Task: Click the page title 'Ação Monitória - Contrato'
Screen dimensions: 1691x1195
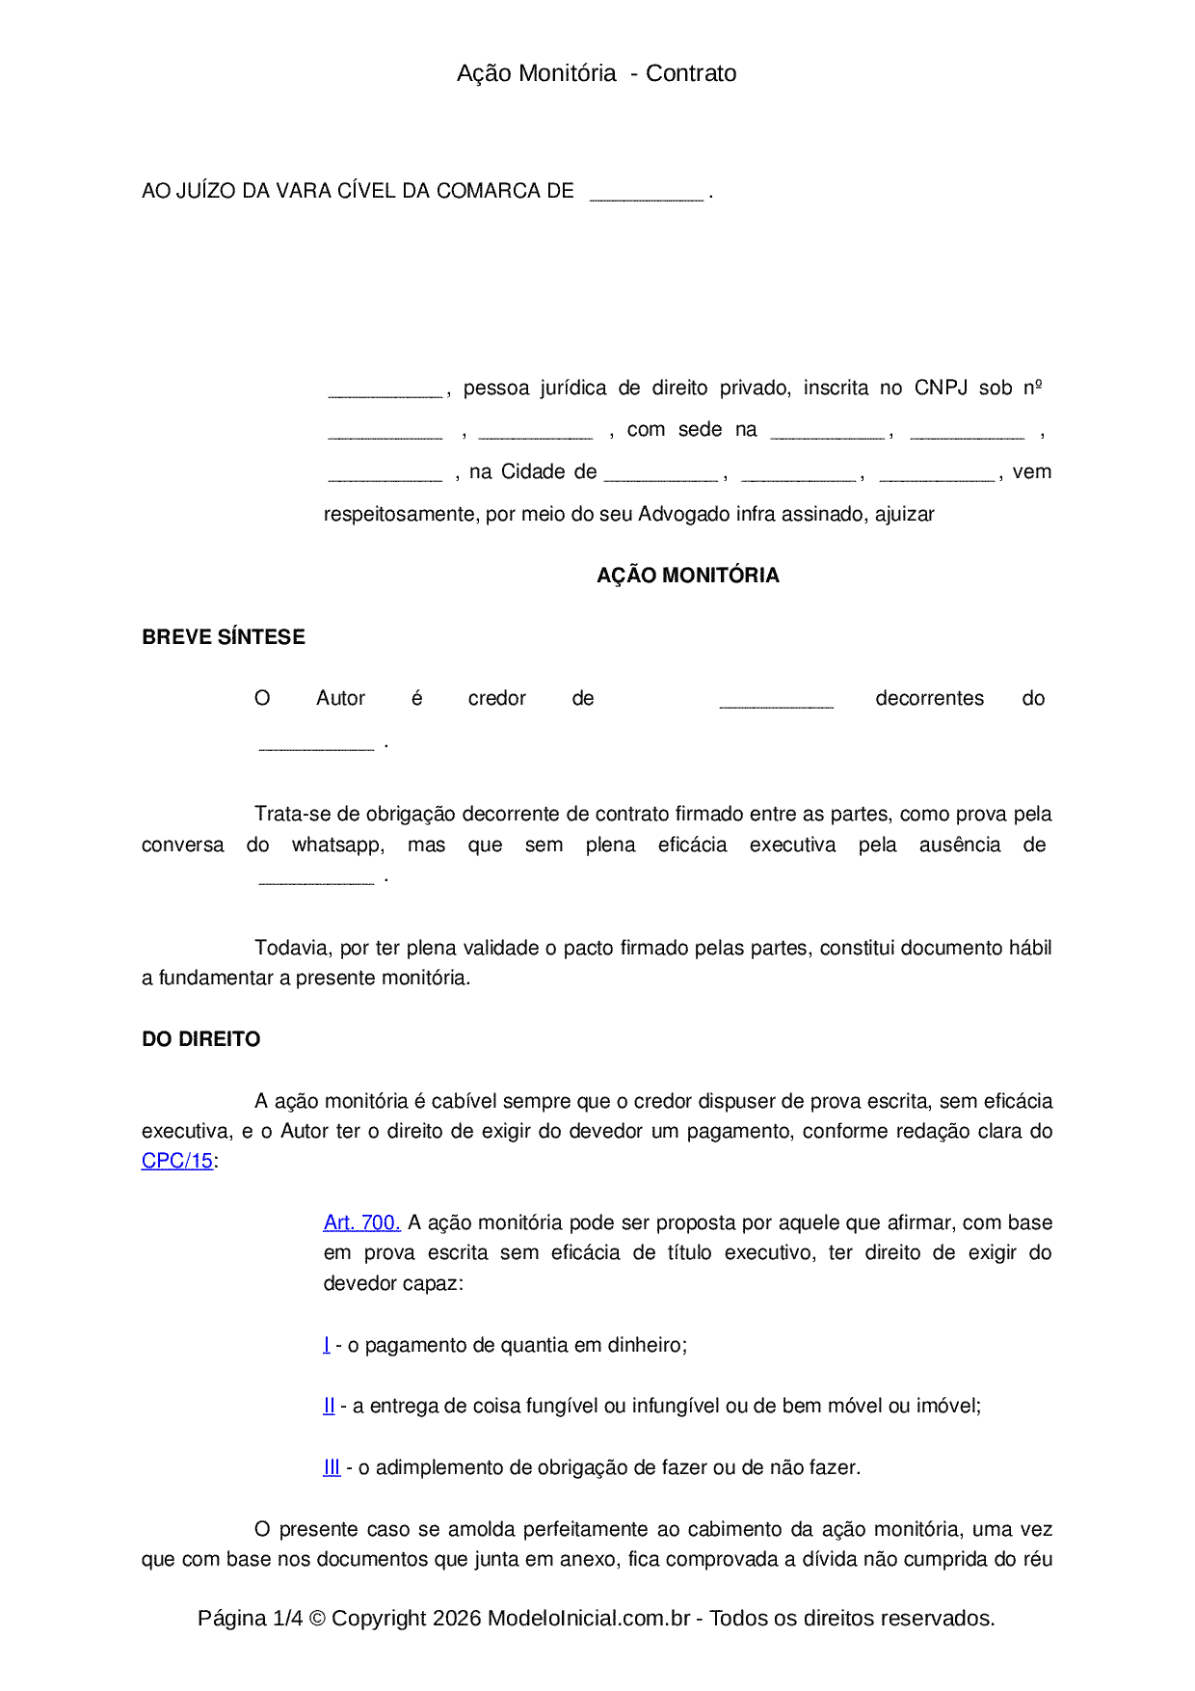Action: (x=597, y=73)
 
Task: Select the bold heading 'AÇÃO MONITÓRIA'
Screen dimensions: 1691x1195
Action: (x=687, y=576)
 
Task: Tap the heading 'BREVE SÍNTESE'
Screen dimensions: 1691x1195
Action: (x=224, y=637)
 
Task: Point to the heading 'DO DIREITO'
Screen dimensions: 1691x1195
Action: (x=200, y=1039)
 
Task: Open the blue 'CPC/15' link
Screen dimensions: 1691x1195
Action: (x=177, y=1161)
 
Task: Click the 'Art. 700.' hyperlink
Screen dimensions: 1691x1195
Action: (x=361, y=1222)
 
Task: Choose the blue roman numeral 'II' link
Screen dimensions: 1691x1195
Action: (x=329, y=1406)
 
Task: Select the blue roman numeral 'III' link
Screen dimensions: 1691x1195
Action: (x=332, y=1467)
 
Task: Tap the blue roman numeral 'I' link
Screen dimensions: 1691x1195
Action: (x=327, y=1345)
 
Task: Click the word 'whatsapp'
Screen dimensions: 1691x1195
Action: (x=337, y=845)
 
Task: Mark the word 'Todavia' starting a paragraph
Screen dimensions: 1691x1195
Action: (x=291, y=948)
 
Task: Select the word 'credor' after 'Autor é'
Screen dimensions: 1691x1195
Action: (x=496, y=698)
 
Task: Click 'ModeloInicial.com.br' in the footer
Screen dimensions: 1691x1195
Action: (x=588, y=1618)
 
